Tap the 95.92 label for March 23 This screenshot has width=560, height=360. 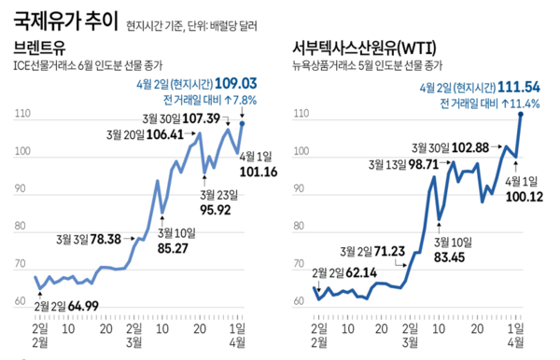click(219, 211)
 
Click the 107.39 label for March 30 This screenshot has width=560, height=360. click(200, 118)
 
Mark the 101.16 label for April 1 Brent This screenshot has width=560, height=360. click(259, 172)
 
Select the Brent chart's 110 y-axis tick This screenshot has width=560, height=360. click(21, 114)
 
